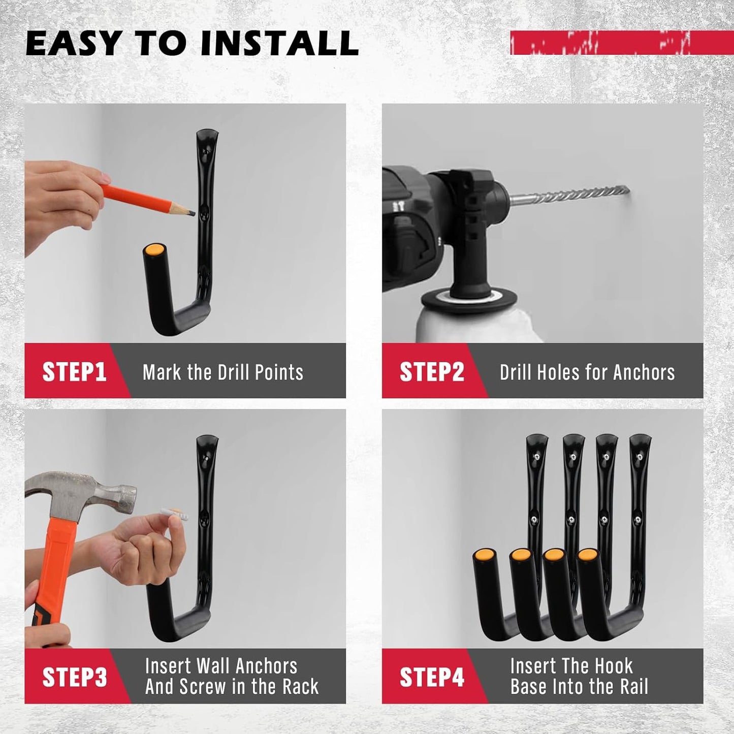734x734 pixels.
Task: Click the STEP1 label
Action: [74, 372]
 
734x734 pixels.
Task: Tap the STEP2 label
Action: [432, 372]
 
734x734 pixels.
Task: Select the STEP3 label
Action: [75, 677]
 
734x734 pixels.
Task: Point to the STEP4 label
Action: [432, 677]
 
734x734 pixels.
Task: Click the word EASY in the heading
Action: [72, 43]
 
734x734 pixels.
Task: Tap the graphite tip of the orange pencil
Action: [192, 212]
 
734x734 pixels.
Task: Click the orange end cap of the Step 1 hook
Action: [154, 250]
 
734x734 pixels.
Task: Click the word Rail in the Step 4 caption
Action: [633, 687]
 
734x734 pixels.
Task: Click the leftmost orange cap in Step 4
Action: [484, 554]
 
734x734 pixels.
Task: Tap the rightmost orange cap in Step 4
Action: [587, 554]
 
